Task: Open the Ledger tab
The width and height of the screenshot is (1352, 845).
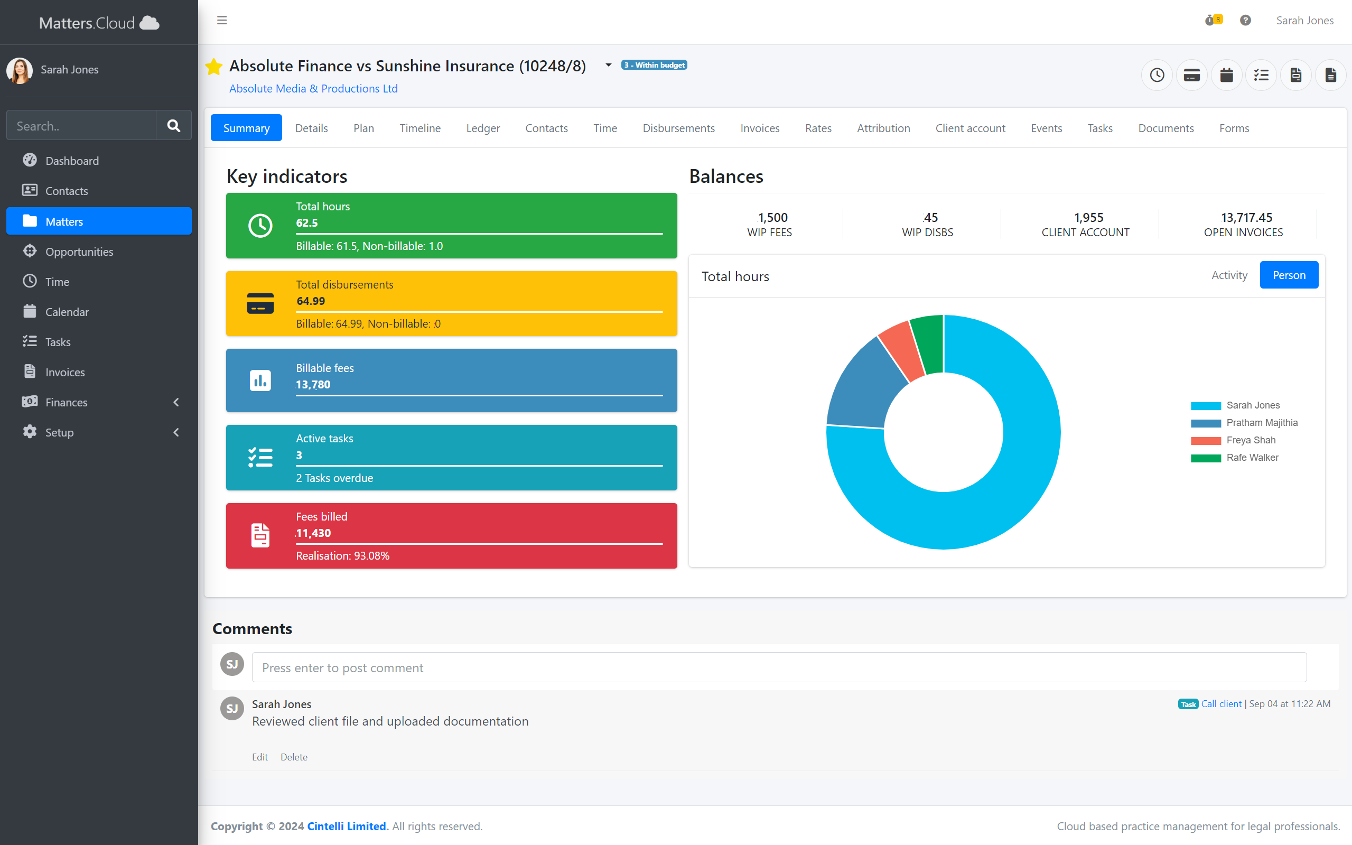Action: pyautogui.click(x=483, y=128)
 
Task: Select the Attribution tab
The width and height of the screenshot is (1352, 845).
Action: pyautogui.click(x=883, y=128)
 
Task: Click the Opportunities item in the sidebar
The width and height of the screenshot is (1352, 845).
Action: pyautogui.click(x=79, y=252)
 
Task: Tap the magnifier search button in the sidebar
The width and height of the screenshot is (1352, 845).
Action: pyautogui.click(x=174, y=125)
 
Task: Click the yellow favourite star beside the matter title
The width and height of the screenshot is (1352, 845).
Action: pyautogui.click(x=214, y=67)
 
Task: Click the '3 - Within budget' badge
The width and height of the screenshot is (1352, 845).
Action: pyautogui.click(x=654, y=66)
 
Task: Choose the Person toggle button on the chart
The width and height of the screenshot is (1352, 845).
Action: pyautogui.click(x=1288, y=275)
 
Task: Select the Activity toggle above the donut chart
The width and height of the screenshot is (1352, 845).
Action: pyautogui.click(x=1228, y=275)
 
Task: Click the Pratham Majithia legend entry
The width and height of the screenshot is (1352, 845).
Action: pyautogui.click(x=1262, y=423)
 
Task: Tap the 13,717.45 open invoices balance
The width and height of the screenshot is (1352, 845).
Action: pyautogui.click(x=1246, y=217)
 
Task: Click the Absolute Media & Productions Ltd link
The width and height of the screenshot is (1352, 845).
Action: pyautogui.click(x=313, y=88)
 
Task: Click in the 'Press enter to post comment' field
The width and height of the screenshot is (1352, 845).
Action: pyautogui.click(x=779, y=667)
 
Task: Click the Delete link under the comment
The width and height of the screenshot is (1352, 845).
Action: pyautogui.click(x=294, y=757)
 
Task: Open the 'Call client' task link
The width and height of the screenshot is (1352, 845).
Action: pyautogui.click(x=1221, y=703)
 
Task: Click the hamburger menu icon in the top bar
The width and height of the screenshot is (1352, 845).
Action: pyautogui.click(x=222, y=21)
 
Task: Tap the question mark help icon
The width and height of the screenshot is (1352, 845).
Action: pyautogui.click(x=1245, y=21)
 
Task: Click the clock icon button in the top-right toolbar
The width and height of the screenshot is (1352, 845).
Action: pyautogui.click(x=1157, y=75)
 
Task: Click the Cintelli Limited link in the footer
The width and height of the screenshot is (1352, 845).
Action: pyautogui.click(x=347, y=826)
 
